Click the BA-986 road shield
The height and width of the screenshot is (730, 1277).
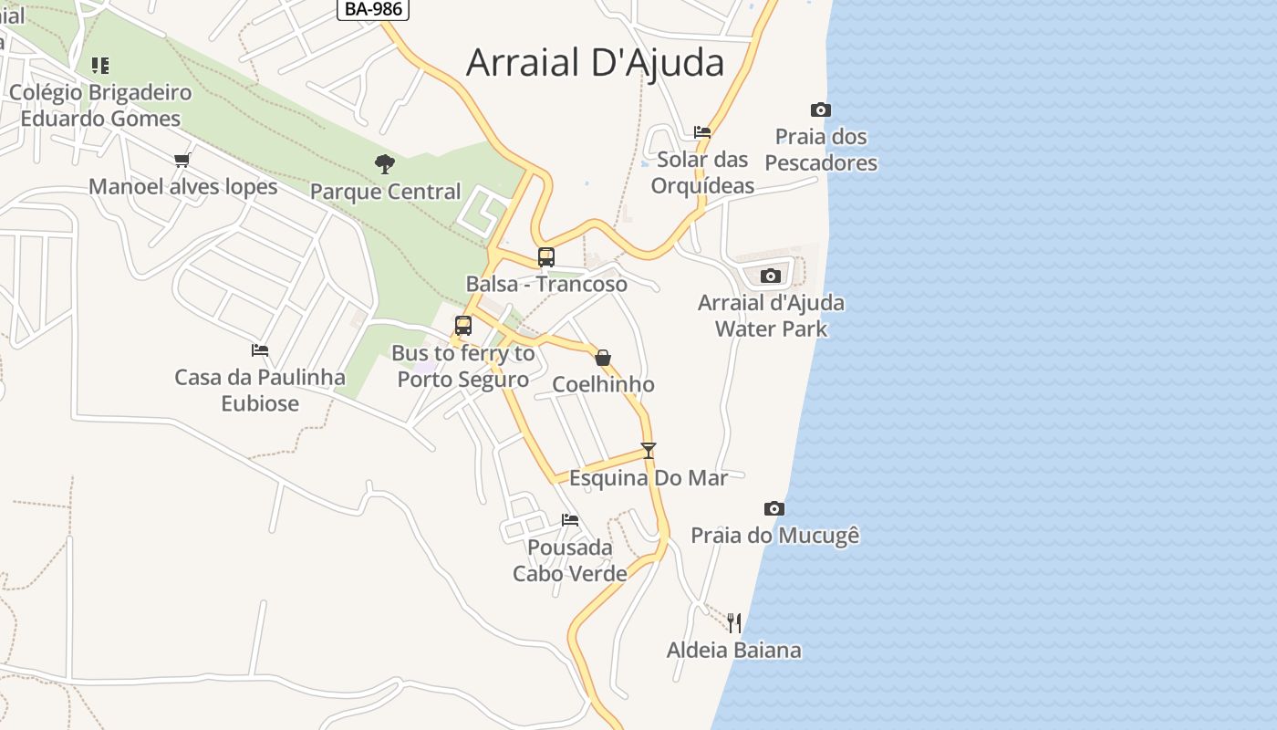click(x=372, y=9)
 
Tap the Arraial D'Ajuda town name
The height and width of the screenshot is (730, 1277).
click(x=595, y=63)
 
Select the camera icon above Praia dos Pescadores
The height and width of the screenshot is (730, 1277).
click(x=820, y=109)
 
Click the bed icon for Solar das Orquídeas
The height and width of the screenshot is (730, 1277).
click(x=701, y=131)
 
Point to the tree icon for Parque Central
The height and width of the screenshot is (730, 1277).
click(x=385, y=164)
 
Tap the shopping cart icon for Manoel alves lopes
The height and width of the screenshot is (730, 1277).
click(x=182, y=160)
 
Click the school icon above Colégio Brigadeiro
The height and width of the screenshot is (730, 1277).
click(x=100, y=66)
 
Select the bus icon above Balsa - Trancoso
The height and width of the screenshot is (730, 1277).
click(x=545, y=257)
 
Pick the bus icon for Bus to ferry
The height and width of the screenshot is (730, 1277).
click(x=462, y=326)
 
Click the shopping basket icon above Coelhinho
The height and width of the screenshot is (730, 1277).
click(x=603, y=358)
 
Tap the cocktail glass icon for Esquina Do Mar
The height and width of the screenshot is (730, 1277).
click(x=648, y=450)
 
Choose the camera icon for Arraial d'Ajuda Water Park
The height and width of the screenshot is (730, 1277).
click(x=771, y=276)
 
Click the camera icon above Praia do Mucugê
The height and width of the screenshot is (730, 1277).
click(x=773, y=508)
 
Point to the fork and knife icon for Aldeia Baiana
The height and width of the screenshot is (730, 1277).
click(x=734, y=623)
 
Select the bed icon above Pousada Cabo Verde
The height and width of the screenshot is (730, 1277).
click(x=570, y=520)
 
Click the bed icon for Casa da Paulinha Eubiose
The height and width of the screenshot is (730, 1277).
click(x=260, y=349)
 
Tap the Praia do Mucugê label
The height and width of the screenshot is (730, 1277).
click(x=774, y=536)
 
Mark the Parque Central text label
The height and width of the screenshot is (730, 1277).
click(x=385, y=192)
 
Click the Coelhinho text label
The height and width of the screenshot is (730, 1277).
click(x=603, y=384)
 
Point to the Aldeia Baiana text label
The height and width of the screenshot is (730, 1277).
click(x=733, y=651)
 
